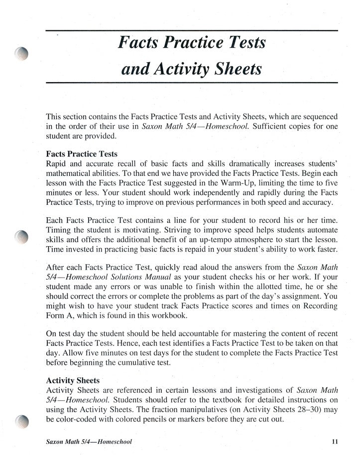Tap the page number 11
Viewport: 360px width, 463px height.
point(334,441)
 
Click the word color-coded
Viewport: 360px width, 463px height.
point(76,419)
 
